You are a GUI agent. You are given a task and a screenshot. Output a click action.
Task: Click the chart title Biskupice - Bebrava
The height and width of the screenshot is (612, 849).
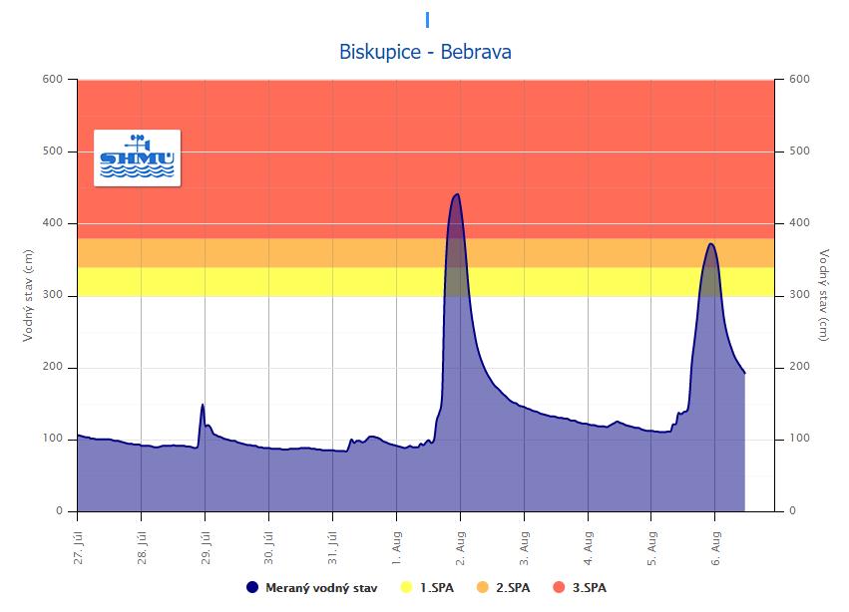pos(425,52)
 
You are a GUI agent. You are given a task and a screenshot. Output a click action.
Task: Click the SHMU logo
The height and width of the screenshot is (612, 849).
pos(137,157)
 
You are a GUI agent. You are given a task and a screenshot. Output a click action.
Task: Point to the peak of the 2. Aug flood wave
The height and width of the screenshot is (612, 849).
pos(457,194)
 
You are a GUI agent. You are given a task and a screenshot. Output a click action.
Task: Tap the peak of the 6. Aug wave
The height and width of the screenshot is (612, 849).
pos(710,243)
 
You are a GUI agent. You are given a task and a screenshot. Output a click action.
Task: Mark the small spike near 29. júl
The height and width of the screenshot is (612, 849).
pos(203,405)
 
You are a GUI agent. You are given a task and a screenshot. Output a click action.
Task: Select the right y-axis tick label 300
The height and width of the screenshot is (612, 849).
pos(798,295)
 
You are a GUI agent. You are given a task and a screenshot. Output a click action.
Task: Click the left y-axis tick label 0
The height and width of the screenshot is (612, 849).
pos(59,511)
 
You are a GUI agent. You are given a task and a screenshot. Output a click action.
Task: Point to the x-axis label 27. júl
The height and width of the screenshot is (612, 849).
pos(78,543)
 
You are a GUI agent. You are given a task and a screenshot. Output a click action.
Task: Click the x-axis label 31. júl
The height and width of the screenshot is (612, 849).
pos(332,543)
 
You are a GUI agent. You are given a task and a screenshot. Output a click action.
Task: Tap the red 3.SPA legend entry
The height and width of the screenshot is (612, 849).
pos(583,588)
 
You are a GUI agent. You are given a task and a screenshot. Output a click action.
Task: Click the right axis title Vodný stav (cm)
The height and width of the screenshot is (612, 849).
pos(823,295)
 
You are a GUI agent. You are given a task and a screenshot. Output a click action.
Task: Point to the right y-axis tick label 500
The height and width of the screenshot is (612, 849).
pos(798,152)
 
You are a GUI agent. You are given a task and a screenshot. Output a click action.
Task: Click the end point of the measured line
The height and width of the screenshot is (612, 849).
pos(744,374)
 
